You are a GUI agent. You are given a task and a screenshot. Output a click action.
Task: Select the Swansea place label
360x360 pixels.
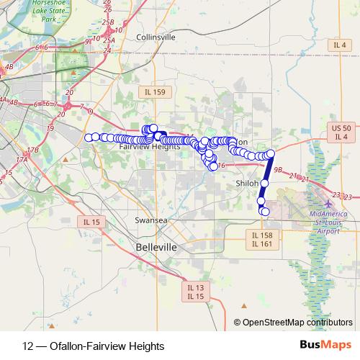[x=151, y=220]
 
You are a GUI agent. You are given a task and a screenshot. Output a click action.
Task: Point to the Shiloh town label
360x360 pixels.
[x=247, y=184]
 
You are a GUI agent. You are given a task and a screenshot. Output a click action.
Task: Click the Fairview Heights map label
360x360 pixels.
[x=149, y=146]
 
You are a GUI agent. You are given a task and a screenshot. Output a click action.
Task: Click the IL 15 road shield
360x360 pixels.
[x=91, y=222]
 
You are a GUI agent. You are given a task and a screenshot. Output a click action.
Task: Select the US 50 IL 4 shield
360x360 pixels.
[x=341, y=132]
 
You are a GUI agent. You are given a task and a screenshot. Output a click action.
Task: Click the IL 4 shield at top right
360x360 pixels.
[x=341, y=45]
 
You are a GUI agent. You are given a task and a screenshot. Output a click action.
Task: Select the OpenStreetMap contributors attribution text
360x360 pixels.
[x=297, y=322]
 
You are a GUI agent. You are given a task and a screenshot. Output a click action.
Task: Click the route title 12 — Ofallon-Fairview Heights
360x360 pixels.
[x=89, y=345]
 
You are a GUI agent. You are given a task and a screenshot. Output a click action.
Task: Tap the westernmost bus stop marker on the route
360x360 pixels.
[x=89, y=138]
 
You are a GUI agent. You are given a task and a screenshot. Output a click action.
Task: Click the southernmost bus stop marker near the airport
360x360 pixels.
[x=265, y=212]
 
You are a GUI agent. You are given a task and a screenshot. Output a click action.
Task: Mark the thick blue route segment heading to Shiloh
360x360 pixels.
[x=266, y=170]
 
